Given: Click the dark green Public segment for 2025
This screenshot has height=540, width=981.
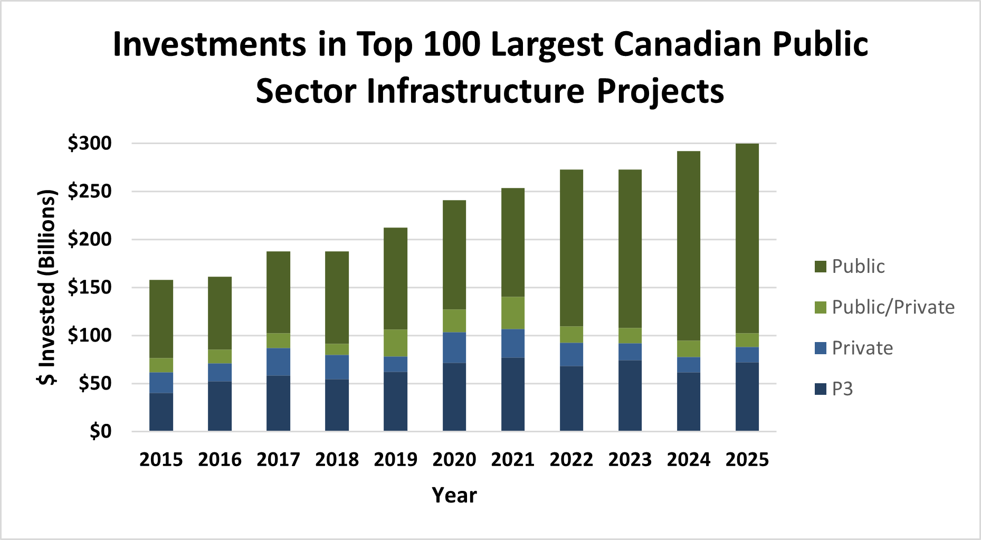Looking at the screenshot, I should pyautogui.click(x=747, y=238).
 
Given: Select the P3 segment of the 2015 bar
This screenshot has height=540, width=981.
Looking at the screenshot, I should pyautogui.click(x=161, y=412).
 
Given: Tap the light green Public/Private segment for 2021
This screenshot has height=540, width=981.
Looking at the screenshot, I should pyautogui.click(x=512, y=312).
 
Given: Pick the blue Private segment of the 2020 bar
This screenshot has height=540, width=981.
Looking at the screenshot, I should pyautogui.click(x=454, y=347).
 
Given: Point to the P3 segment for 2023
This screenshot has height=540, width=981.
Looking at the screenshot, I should pyautogui.click(x=630, y=395).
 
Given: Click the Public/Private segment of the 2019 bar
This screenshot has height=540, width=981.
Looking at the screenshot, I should pyautogui.click(x=395, y=343).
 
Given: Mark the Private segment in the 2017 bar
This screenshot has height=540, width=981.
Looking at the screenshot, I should pyautogui.click(x=278, y=362).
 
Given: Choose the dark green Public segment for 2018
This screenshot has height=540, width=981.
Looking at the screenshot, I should pyautogui.click(x=337, y=297).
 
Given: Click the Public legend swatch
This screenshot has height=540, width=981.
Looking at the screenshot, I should pyautogui.click(x=820, y=267).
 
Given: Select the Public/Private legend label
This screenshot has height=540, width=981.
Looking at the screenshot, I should pyautogui.click(x=893, y=307).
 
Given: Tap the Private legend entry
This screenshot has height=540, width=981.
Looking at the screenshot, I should pyautogui.click(x=862, y=348).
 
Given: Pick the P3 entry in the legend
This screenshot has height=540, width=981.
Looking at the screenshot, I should pyautogui.click(x=842, y=389).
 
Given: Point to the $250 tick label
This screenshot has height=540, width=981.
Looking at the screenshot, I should pyautogui.click(x=90, y=191).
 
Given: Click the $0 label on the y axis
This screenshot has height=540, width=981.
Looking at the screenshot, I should pyautogui.click(x=100, y=431).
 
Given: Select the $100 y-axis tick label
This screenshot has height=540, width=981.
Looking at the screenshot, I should pyautogui.click(x=90, y=335).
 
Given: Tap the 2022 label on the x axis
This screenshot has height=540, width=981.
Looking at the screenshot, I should pyautogui.click(x=571, y=460).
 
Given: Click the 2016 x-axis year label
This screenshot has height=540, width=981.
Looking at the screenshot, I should pyautogui.click(x=220, y=460).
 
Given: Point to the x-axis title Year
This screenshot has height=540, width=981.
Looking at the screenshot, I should pyautogui.click(x=454, y=495).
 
